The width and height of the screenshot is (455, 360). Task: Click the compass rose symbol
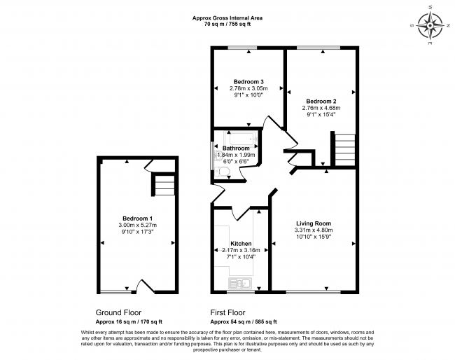tap(430, 25)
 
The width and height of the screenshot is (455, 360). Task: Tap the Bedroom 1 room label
tap(137, 219)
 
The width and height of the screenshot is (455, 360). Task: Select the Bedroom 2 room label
tap(321, 102)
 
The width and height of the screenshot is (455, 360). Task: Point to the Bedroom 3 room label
tap(248, 81)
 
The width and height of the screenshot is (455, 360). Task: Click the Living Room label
tap(314, 223)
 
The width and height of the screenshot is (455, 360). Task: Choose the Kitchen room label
tap(241, 244)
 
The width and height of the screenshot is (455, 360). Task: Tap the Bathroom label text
tap(236, 148)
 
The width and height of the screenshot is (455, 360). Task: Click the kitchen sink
tap(240, 284)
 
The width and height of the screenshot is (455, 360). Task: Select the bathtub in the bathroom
tap(241, 139)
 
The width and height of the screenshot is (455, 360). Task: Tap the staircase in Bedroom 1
tap(164, 185)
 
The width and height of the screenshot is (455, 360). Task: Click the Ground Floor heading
tap(118, 312)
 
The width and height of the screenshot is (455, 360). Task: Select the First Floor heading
tap(227, 312)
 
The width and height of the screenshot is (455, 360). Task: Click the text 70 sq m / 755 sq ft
tap(227, 24)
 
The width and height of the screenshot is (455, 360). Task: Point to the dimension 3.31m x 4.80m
tap(314, 230)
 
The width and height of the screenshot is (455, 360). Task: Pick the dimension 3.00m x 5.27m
tap(137, 225)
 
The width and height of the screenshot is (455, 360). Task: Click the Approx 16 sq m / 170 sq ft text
tap(129, 321)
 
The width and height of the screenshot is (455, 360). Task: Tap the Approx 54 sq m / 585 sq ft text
tap(244, 321)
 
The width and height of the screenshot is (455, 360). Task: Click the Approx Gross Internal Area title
tap(227, 18)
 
